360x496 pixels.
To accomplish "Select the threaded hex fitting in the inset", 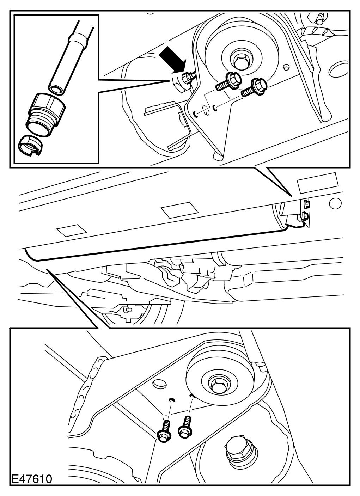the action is click(x=45, y=114).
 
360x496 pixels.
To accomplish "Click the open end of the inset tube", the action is click(x=55, y=89).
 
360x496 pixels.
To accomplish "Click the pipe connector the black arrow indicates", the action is click(x=187, y=78).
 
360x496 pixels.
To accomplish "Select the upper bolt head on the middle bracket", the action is click(x=306, y=203).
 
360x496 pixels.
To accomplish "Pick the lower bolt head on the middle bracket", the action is click(x=305, y=215).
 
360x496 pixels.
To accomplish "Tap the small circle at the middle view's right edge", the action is click(x=335, y=203).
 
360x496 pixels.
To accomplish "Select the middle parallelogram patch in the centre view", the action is click(x=179, y=210).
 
